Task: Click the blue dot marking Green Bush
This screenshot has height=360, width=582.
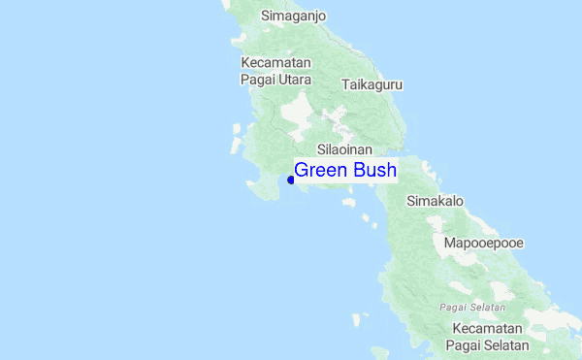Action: [291, 180]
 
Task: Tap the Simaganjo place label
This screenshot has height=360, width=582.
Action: [293, 16]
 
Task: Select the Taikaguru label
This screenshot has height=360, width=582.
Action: [372, 84]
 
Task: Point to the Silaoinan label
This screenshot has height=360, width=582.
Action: [345, 151]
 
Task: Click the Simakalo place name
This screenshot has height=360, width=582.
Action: [435, 201]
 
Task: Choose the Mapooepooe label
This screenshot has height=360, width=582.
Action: [483, 242]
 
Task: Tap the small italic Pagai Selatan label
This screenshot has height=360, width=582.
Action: [472, 307]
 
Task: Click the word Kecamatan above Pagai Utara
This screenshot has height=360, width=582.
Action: [275, 62]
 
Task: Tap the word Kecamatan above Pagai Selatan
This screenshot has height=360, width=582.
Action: [487, 329]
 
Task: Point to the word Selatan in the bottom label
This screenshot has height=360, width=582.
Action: [506, 345]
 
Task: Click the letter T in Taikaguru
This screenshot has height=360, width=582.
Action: [345, 84]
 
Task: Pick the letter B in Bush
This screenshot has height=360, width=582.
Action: [359, 171]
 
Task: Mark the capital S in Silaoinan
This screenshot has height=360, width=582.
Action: [321, 151]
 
